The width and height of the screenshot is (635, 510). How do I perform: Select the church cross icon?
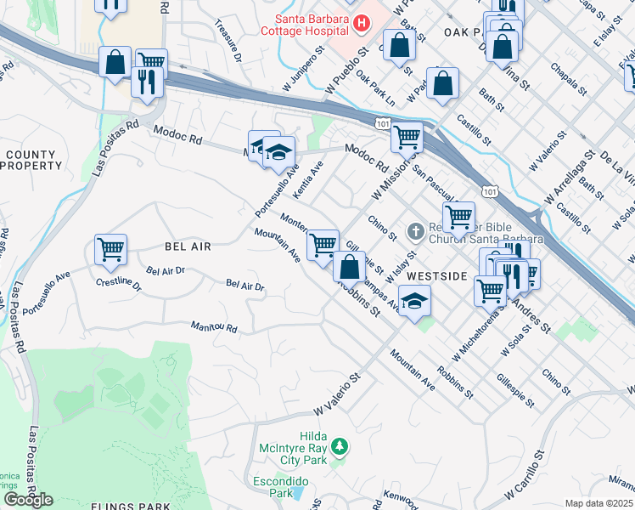(415, 230)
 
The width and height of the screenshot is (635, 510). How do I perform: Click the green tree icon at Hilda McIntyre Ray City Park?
(339, 446)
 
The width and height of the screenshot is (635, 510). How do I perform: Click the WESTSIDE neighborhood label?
(436, 277)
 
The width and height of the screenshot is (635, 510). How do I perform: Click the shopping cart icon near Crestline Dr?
(110, 250)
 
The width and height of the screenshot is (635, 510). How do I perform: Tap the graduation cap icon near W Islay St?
(414, 301)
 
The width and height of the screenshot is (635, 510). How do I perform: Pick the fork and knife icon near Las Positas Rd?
(149, 82)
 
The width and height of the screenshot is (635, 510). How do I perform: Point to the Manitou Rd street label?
(212, 327)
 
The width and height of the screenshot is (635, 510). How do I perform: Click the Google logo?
(28, 499)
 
